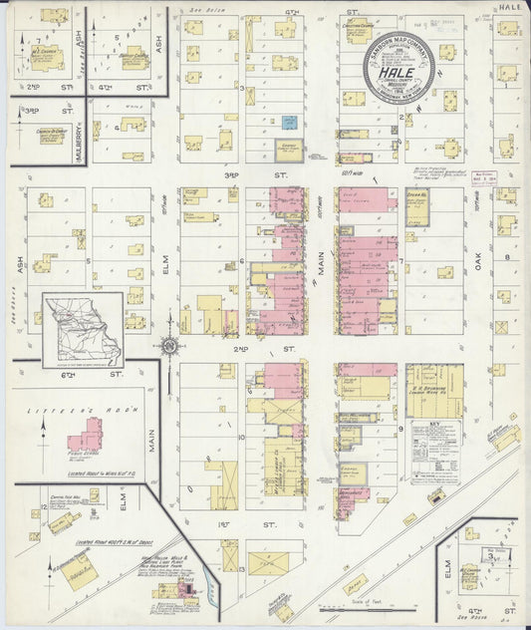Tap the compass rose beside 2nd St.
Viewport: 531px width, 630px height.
[170, 345]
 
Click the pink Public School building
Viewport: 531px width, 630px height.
[86, 436]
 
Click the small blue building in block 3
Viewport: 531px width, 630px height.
[289, 123]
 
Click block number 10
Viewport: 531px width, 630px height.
[242, 437]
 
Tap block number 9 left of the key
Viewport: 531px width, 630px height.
[400, 429]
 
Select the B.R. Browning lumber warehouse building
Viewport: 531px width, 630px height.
[434, 383]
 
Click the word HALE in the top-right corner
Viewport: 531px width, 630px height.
[510, 7]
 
